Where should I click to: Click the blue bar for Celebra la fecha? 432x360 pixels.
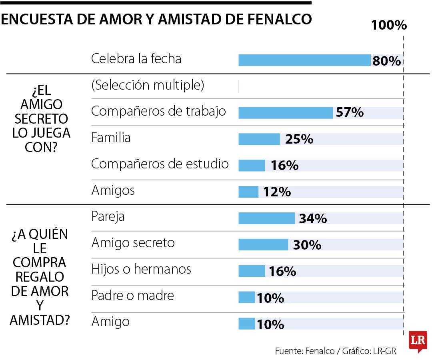304,60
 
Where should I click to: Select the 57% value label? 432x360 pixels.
350,113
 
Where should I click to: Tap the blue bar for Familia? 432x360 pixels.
259,139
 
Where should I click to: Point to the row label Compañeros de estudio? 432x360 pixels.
160,164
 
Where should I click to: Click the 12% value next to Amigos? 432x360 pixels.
277,192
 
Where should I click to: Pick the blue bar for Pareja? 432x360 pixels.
266,218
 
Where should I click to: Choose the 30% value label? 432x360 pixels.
307,245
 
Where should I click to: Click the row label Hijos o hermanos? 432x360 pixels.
141,269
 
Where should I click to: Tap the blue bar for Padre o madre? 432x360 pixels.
247,298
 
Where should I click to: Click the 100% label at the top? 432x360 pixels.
389,26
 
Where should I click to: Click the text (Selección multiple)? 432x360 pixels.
148,85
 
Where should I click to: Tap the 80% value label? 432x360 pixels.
386,61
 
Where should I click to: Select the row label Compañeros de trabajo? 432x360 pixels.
158,111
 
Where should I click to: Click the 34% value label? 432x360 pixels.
313,219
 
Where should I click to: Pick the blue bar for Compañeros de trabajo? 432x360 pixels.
286,113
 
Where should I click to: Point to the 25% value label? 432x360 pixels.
299,139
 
